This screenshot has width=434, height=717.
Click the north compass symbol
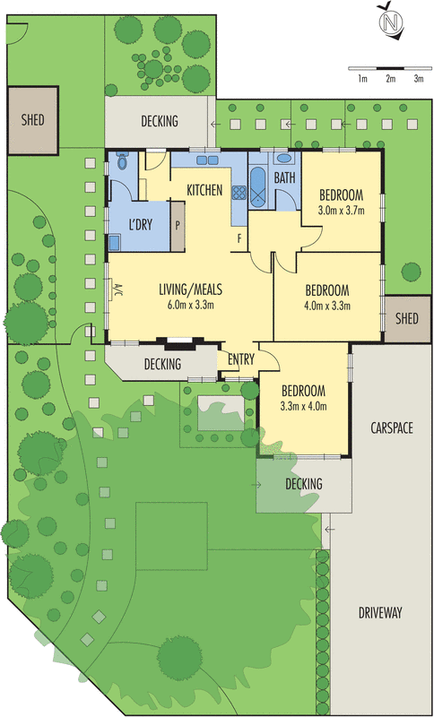pos(390,21)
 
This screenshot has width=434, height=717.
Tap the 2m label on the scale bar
pos(390,79)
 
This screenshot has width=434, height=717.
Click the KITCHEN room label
pos(204,190)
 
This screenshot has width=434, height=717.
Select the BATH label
pos(285,177)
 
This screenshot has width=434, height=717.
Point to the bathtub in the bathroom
pos(258,187)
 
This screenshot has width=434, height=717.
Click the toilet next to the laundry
pos(122,161)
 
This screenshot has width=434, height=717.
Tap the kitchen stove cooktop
pos(239,192)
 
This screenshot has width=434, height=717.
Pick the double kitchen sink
pos(207,160)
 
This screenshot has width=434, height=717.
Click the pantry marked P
pos(178,226)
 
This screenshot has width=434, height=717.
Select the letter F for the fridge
pos(239,238)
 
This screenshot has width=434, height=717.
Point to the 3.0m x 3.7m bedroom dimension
pos(341,211)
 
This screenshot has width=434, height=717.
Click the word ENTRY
pos(241,359)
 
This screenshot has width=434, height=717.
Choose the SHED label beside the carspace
pos(406,318)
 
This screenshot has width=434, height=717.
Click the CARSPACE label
pos(392,428)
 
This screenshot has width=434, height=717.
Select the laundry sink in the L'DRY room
pos(115,241)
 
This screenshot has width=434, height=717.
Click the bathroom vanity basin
pos(283,159)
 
